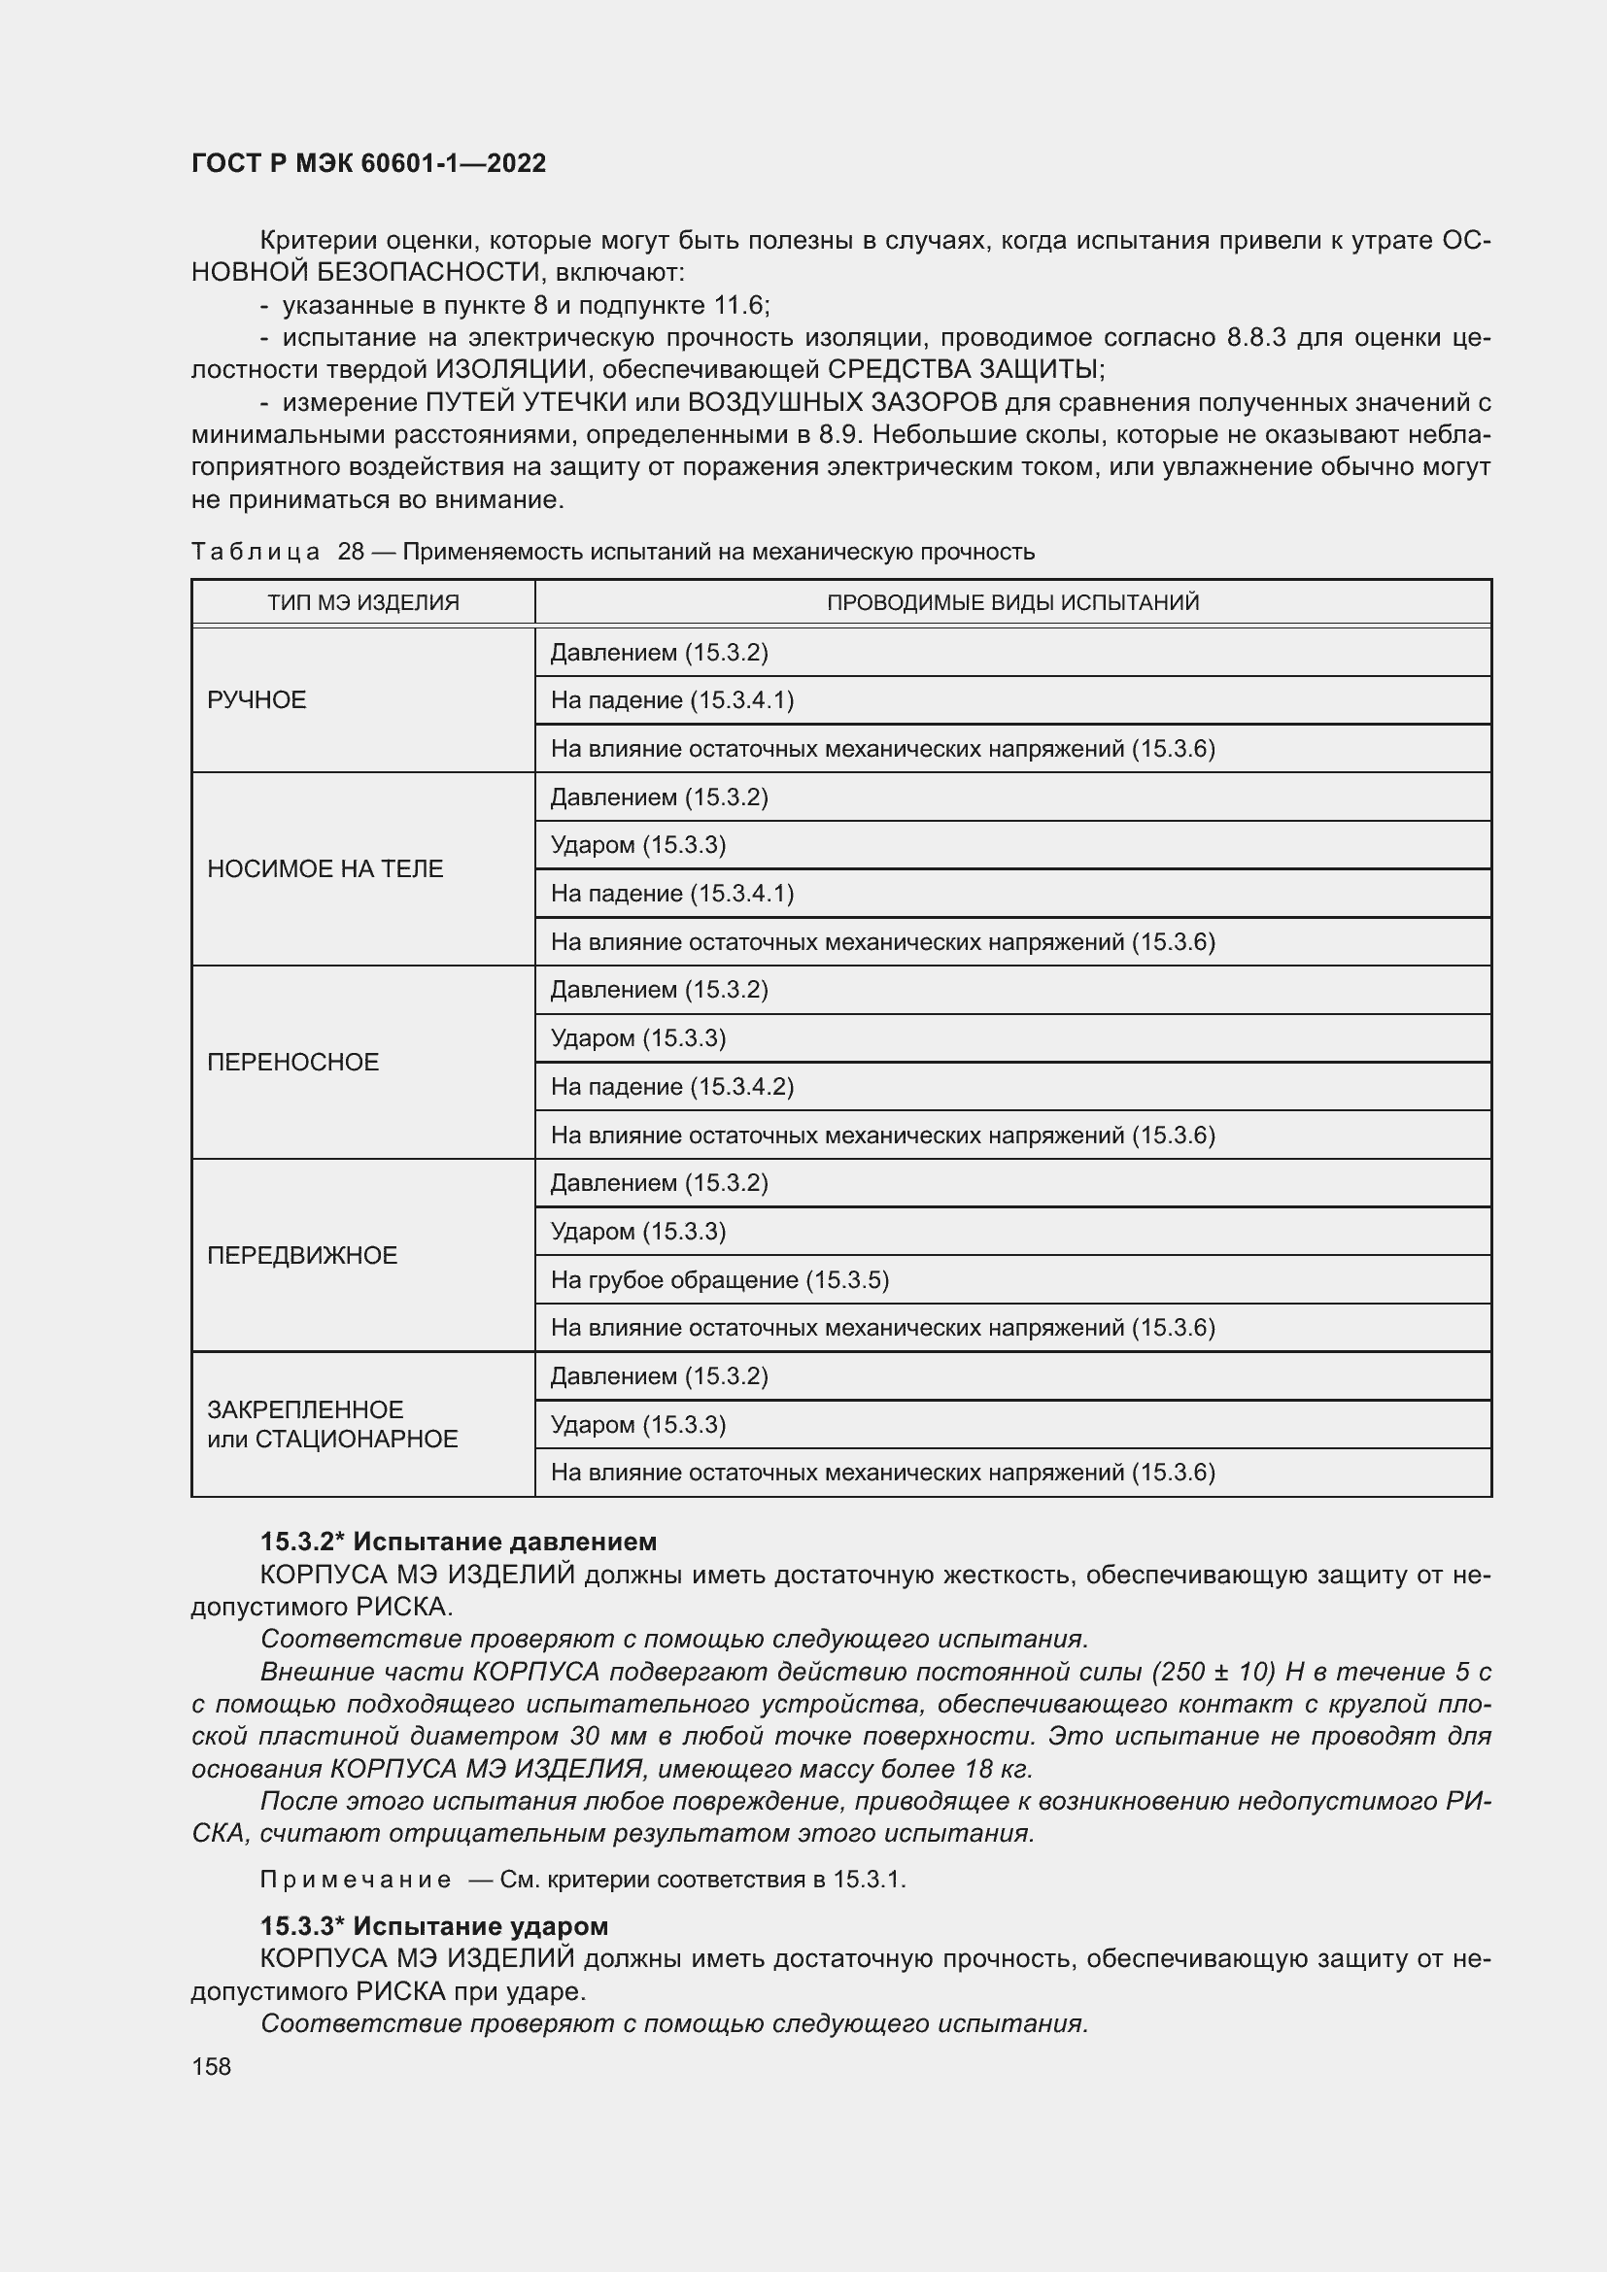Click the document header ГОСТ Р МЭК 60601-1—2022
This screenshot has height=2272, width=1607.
coord(368,164)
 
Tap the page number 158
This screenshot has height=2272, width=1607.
coord(211,2066)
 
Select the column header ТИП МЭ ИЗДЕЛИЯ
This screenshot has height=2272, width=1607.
coord(363,602)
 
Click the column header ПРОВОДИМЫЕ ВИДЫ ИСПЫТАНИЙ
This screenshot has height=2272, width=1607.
coord(1012,602)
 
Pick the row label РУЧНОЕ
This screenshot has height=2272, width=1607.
coord(257,700)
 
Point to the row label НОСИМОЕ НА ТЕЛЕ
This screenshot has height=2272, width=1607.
coord(325,868)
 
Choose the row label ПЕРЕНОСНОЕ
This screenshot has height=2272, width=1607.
coord(292,1062)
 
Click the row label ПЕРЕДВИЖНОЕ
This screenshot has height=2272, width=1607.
coord(302,1256)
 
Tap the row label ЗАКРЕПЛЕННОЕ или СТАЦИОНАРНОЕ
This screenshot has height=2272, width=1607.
coord(332,1424)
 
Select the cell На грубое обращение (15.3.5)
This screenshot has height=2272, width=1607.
coord(719,1280)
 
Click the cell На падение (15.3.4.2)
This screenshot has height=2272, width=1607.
coord(672,1087)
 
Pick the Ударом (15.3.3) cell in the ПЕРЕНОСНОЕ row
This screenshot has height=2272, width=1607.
coord(638,1038)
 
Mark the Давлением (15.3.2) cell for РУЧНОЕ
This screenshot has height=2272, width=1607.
coord(659,653)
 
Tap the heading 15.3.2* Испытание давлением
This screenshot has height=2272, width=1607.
coord(459,1542)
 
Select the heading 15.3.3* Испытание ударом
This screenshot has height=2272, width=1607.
coord(433,1925)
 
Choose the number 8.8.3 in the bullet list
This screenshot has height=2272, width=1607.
coord(1255,337)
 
